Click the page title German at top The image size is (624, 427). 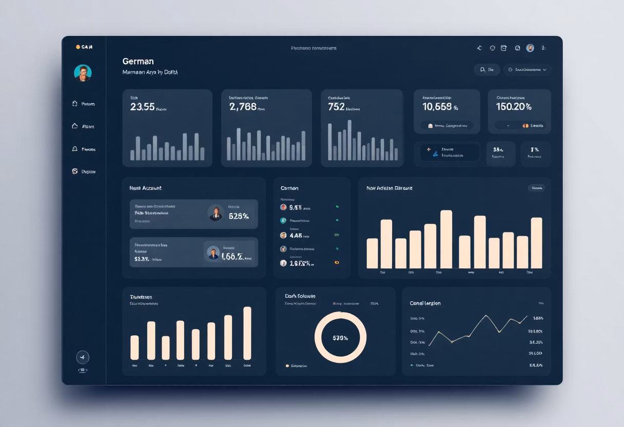139,61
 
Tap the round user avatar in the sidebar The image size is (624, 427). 83,73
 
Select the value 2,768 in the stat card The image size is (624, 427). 243,107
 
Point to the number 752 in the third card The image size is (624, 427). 336,107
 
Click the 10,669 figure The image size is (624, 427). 437,107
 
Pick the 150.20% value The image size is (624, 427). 514,107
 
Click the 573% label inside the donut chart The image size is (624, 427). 340,338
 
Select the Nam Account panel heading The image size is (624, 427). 146,188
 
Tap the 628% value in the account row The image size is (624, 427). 239,216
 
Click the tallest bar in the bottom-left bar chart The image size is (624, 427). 247,333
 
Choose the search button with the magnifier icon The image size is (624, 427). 486,69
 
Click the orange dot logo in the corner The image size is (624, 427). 78,47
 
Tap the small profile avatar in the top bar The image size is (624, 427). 530,48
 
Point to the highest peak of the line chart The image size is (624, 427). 486,316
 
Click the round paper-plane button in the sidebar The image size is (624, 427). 83,357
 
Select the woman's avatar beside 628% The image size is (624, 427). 216,213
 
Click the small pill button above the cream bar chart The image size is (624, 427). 536,188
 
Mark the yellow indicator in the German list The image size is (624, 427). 337,262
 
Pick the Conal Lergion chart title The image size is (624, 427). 425,303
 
